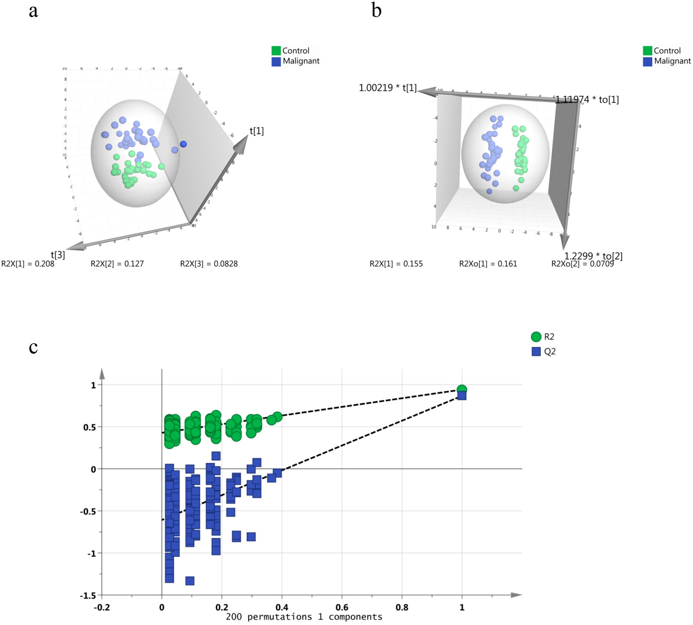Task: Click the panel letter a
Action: click(33, 11)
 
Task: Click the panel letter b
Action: click(376, 10)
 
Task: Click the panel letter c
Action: click(33, 348)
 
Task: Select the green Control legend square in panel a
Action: click(276, 51)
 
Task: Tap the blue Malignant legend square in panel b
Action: click(647, 61)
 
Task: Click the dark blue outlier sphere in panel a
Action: click(183, 144)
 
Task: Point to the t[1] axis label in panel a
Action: click(257, 131)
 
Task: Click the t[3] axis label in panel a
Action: click(58, 255)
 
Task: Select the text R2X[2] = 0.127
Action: click(117, 264)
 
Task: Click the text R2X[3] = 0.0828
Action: click(209, 264)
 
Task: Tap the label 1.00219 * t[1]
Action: click(387, 88)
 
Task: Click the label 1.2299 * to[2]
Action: click(593, 256)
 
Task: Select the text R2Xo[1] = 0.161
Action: click(488, 264)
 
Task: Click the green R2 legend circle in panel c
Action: click(536, 337)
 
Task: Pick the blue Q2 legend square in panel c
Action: click(536, 351)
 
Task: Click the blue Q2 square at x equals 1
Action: click(462, 395)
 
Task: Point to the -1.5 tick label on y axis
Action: click(88, 596)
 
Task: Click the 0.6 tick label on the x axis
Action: click(342, 607)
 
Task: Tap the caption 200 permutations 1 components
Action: click(304, 617)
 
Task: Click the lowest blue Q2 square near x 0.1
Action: click(190, 581)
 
